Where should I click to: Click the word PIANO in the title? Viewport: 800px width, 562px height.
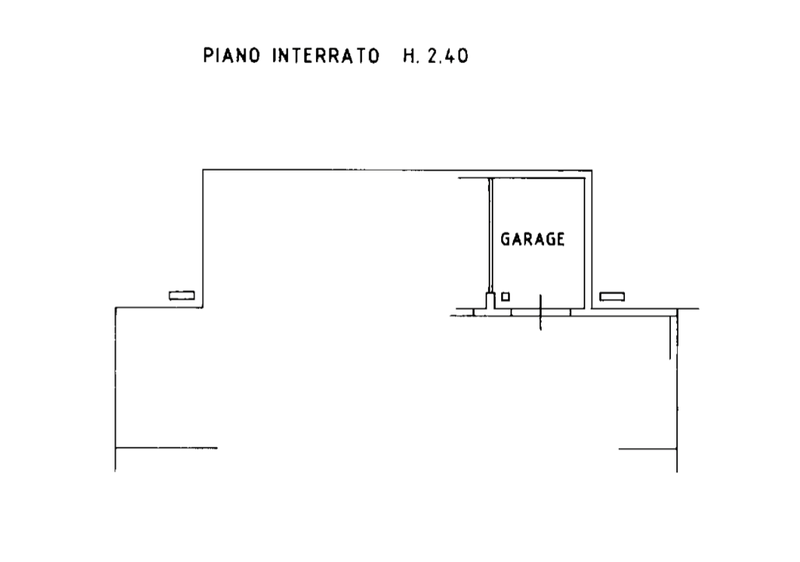pos(231,55)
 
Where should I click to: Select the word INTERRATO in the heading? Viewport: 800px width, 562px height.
pos(325,55)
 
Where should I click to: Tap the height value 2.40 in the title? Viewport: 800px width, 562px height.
pos(448,55)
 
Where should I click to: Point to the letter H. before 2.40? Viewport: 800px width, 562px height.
pos(410,55)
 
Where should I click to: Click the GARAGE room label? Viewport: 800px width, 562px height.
pos(532,239)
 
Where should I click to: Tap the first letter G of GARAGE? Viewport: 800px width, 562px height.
pos(505,239)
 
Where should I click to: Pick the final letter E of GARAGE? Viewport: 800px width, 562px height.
pos(560,239)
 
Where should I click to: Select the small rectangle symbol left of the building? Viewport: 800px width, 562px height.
pos(182,295)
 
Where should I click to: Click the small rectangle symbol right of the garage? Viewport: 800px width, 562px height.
pos(612,297)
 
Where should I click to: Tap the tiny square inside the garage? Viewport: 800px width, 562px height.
pos(506,296)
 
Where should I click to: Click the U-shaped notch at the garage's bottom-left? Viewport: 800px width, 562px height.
pos(491,300)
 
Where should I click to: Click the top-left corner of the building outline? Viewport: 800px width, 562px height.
pos(203,170)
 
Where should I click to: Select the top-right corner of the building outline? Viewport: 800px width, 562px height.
pos(592,170)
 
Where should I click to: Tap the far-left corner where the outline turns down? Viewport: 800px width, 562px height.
pos(116,308)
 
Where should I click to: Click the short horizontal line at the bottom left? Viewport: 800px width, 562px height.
pos(167,448)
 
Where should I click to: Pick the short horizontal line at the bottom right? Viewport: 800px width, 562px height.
pos(647,449)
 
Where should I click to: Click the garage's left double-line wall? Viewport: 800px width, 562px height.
pos(491,234)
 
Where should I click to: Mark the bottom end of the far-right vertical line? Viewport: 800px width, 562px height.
pos(677,472)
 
